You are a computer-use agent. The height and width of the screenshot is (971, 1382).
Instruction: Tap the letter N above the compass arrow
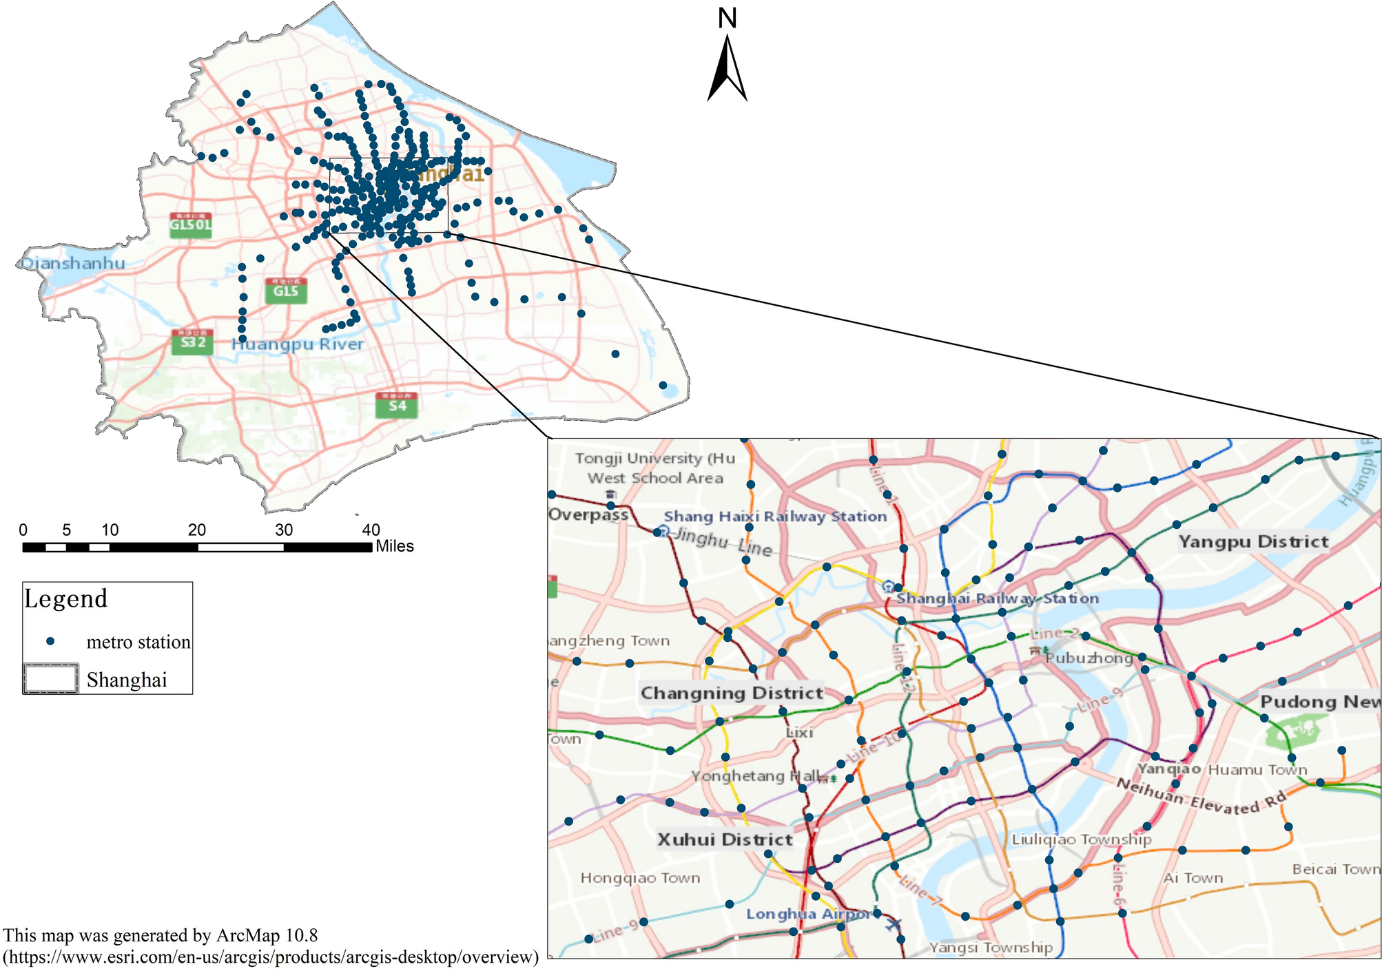[x=728, y=18]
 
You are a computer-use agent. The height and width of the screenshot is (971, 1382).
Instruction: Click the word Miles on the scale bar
[x=395, y=547]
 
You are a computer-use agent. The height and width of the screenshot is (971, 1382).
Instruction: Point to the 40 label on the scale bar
[x=371, y=530]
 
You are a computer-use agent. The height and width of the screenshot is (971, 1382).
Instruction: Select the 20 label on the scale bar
[x=197, y=530]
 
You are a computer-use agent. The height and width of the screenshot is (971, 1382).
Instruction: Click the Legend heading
[x=66, y=598]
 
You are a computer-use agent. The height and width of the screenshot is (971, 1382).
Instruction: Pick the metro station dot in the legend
[x=50, y=641]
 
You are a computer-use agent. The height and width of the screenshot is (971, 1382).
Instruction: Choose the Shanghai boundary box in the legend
[x=50, y=679]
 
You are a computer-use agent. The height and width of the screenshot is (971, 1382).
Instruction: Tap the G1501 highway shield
[x=191, y=225]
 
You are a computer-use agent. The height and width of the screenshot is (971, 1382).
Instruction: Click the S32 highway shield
[x=192, y=342]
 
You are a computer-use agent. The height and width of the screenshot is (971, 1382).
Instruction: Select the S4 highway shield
[x=397, y=406]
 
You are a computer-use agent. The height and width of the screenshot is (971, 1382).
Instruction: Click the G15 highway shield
[x=286, y=291]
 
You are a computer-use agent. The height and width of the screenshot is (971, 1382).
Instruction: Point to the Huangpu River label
[x=298, y=344]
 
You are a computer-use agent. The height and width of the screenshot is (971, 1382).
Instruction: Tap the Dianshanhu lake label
[x=73, y=263]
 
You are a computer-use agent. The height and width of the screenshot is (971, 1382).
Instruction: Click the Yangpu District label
[x=1253, y=542]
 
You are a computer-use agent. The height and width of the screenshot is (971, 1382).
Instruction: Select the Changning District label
[x=732, y=693]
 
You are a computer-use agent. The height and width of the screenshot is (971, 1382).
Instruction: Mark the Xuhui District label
[x=725, y=839]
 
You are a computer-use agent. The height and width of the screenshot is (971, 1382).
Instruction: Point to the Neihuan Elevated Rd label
[x=1201, y=797]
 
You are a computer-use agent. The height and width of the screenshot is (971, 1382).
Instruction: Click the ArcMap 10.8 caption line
[x=161, y=935]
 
